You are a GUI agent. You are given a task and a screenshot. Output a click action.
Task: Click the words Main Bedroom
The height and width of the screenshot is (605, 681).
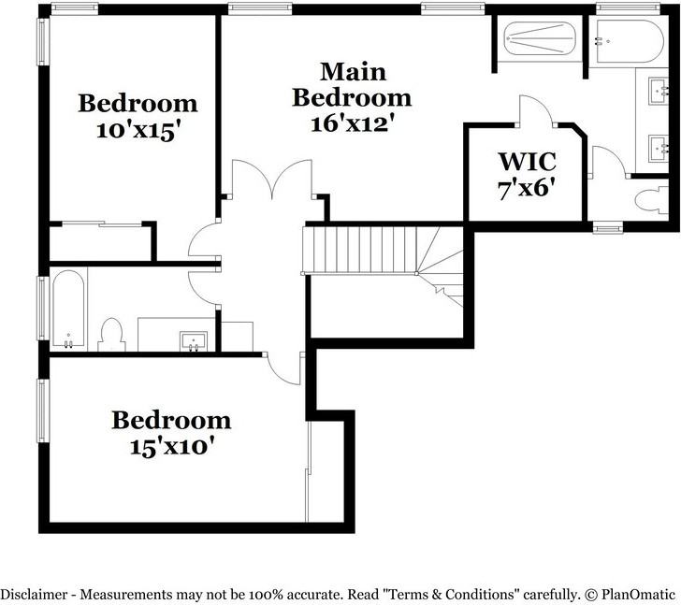[352, 84]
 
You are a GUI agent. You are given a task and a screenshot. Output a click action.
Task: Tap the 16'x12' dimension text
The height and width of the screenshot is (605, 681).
[352, 122]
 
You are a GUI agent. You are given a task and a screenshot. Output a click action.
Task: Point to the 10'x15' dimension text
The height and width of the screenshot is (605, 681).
[138, 131]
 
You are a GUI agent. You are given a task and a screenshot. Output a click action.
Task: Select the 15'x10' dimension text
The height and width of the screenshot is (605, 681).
[171, 446]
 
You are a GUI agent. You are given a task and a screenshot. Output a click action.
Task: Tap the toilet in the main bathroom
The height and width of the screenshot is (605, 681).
[647, 199]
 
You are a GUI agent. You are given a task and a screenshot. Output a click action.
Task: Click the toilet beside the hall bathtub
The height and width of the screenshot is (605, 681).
[112, 334]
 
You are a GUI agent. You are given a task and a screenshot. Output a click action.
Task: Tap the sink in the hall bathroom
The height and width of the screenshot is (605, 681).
[195, 339]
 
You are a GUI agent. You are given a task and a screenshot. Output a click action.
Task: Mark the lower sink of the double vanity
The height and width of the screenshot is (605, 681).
[662, 146]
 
